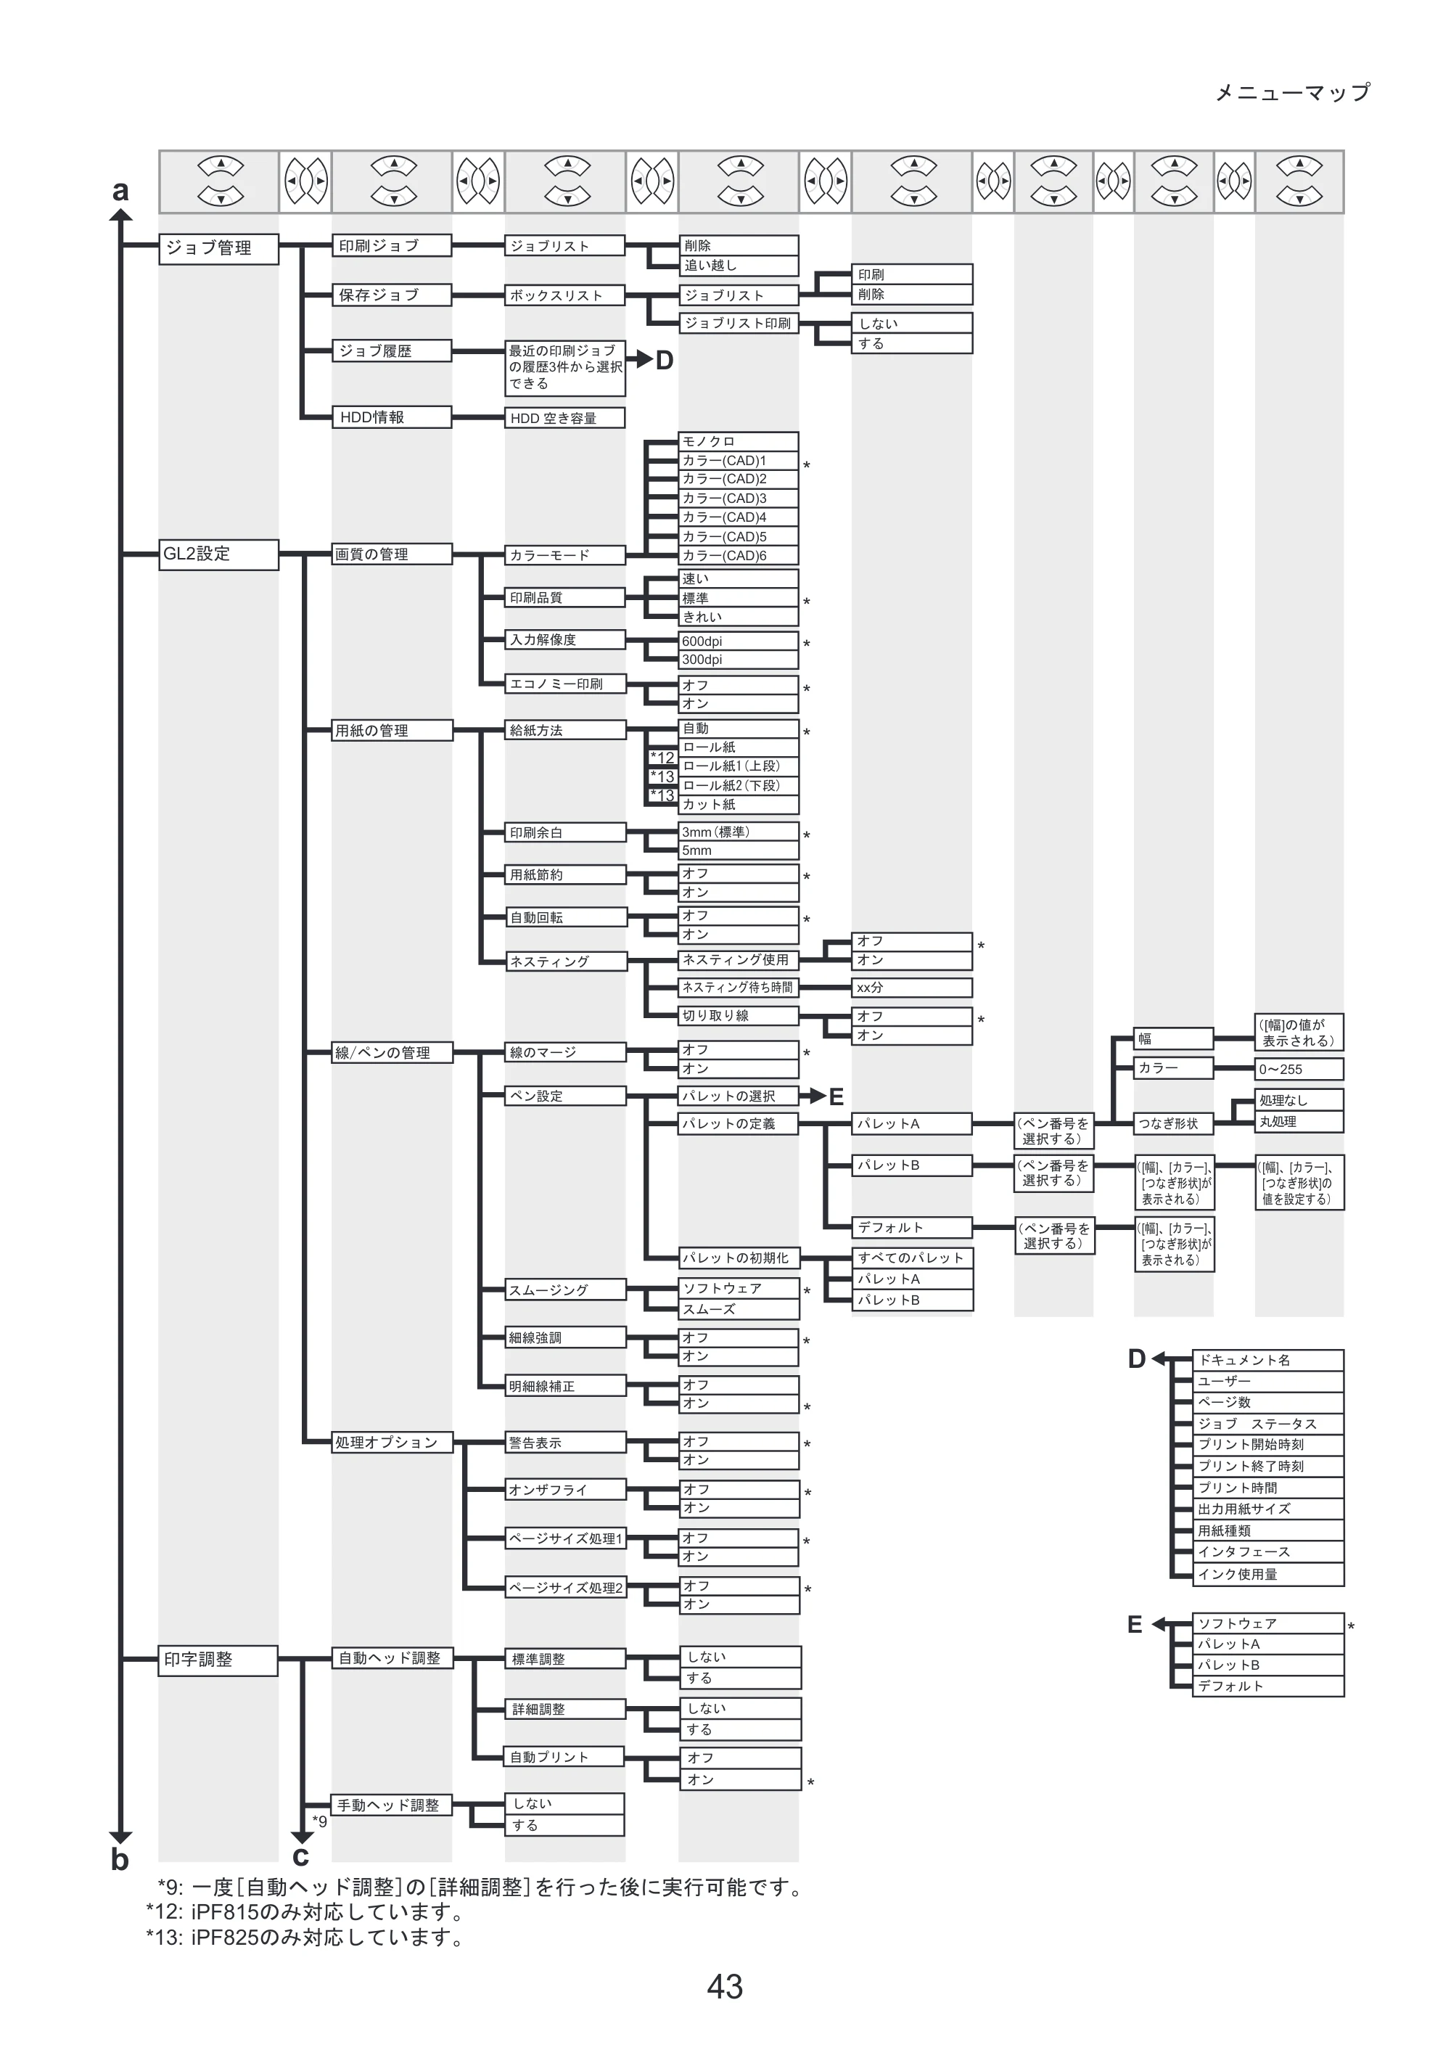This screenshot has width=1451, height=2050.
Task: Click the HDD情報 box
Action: tap(391, 417)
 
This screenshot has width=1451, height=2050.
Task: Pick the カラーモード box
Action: tap(564, 555)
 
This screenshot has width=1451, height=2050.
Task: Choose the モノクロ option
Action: tap(738, 441)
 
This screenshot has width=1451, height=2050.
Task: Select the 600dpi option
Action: tap(738, 641)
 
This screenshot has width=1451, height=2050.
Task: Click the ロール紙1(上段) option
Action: tap(738, 766)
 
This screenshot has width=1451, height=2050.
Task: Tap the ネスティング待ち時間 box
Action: tap(738, 988)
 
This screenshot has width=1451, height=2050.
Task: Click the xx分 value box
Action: tap(912, 988)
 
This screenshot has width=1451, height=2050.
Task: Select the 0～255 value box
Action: tap(1300, 1069)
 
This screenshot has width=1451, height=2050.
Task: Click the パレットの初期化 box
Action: tap(739, 1258)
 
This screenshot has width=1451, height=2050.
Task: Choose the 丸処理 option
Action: tap(1300, 1121)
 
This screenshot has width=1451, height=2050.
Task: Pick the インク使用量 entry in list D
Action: tap(1269, 1574)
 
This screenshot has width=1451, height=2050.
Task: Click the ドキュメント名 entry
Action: tap(1269, 1360)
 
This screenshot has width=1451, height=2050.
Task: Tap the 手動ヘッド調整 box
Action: tap(391, 1805)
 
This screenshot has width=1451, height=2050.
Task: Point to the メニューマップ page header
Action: tap(1293, 93)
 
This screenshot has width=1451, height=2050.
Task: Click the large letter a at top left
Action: tap(120, 190)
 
